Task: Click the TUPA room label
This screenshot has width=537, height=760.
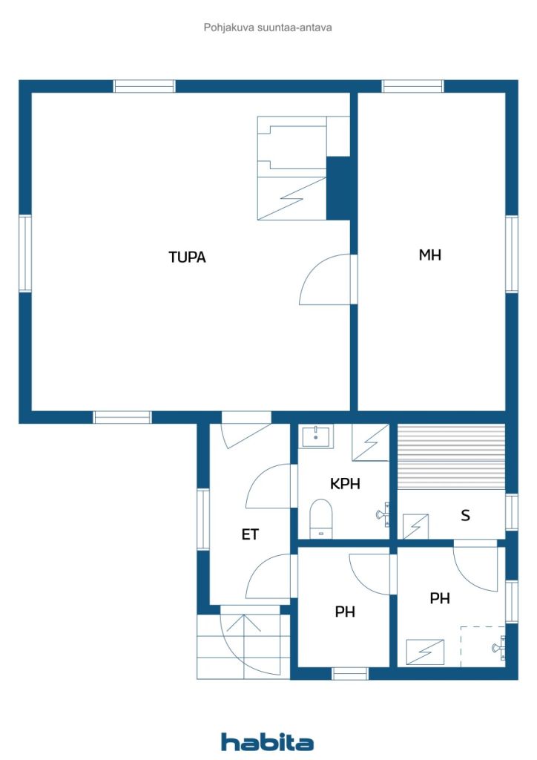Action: pyautogui.click(x=187, y=258)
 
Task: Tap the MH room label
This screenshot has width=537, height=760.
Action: pyautogui.click(x=430, y=255)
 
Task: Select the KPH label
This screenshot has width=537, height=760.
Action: pyautogui.click(x=345, y=483)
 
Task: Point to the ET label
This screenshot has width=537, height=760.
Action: pyautogui.click(x=250, y=534)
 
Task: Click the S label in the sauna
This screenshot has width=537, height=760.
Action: pyautogui.click(x=465, y=515)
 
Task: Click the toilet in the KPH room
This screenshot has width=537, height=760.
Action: pyautogui.click(x=320, y=517)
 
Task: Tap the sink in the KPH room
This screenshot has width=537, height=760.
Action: pyautogui.click(x=317, y=435)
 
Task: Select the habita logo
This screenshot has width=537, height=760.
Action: pyautogui.click(x=267, y=741)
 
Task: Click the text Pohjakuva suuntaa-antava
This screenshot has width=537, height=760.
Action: pyautogui.click(x=268, y=27)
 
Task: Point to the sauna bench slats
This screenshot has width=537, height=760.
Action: pyautogui.click(x=451, y=456)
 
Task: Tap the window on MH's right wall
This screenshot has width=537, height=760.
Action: pyautogui.click(x=512, y=254)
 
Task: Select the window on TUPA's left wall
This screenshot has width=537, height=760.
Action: pyautogui.click(x=25, y=253)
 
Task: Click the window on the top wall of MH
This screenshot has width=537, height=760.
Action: pyautogui.click(x=412, y=86)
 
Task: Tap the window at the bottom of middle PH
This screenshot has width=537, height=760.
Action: pyautogui.click(x=350, y=673)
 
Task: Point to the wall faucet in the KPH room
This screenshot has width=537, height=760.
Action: pyautogui.click(x=383, y=513)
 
